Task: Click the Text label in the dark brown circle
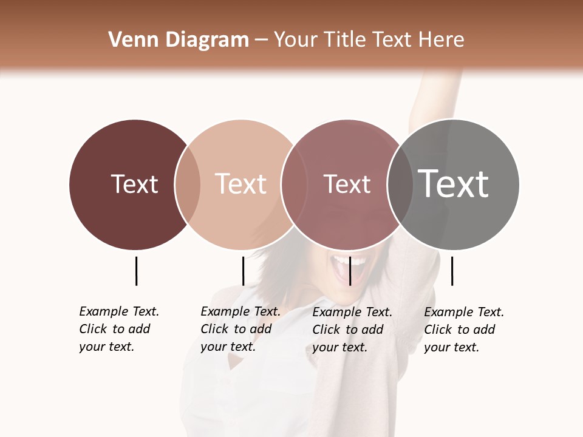(x=134, y=184)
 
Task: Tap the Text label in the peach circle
(x=240, y=184)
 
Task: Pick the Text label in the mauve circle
(x=347, y=185)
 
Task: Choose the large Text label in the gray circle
(x=453, y=183)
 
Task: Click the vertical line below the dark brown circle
(x=136, y=271)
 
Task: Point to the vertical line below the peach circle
(x=243, y=271)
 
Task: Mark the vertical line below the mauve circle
(x=350, y=271)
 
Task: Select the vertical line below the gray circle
(x=452, y=271)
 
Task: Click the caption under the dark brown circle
(x=118, y=329)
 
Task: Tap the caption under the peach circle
(x=240, y=329)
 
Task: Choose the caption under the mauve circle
(x=352, y=330)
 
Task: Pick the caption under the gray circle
(x=463, y=330)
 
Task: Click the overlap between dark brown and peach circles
(x=188, y=184)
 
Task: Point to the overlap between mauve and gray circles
(x=400, y=185)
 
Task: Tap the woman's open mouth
(x=349, y=268)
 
